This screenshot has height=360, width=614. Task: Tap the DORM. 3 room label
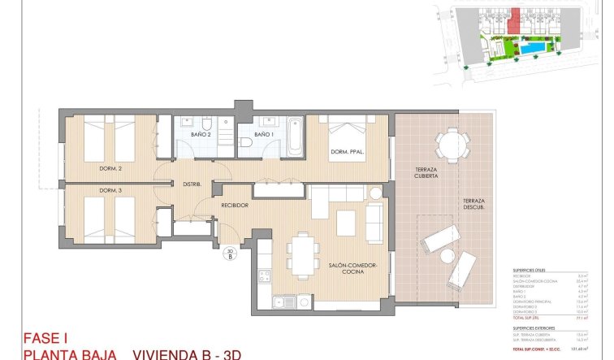coord(111,191)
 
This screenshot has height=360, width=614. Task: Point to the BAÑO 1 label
coord(264,133)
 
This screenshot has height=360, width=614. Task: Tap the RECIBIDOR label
coord(235,205)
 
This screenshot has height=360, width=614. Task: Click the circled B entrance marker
coord(230,255)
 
